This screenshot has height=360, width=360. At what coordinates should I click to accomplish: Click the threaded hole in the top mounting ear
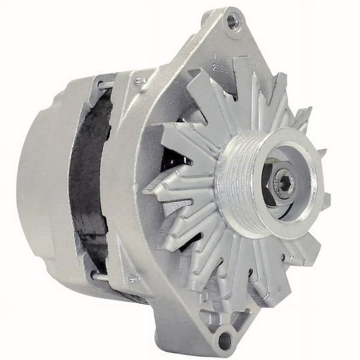(233, 21)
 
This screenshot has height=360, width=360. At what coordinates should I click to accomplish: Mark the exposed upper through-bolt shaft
(105, 84)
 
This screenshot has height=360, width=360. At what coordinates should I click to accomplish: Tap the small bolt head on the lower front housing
(132, 279)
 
